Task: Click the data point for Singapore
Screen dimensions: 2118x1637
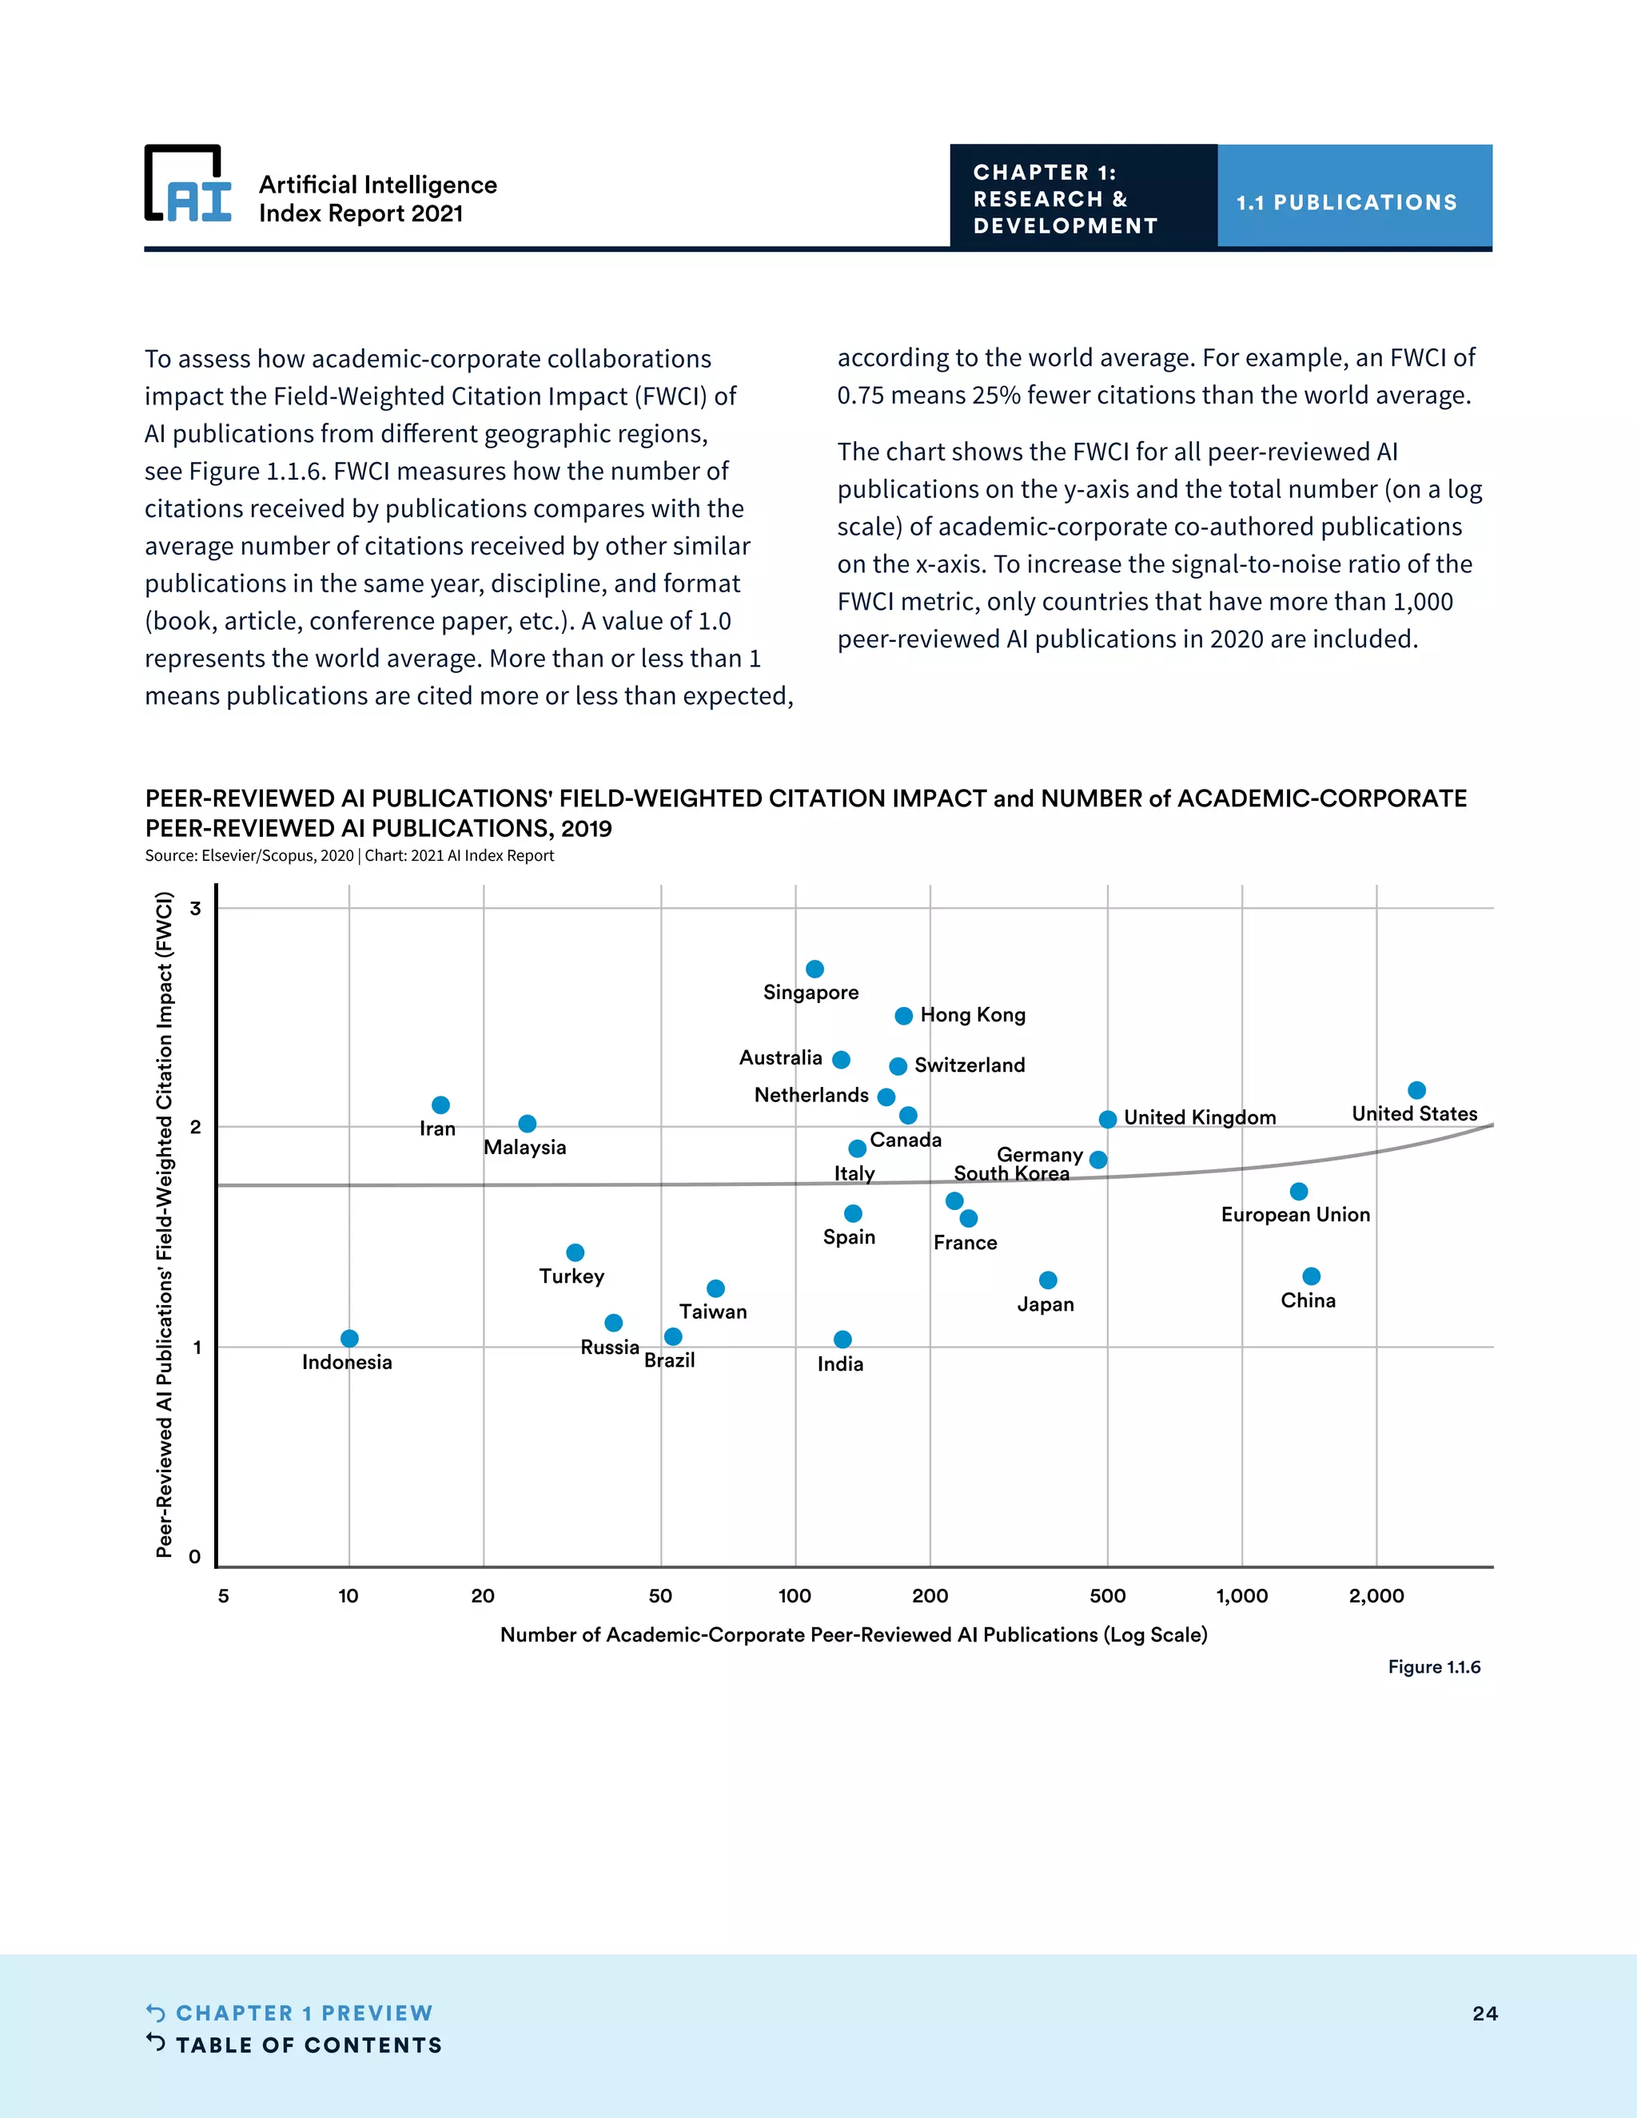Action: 815,969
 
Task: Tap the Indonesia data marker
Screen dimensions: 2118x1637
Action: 349,1338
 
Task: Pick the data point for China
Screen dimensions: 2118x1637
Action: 1311,1276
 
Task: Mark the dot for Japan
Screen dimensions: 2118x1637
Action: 1047,1280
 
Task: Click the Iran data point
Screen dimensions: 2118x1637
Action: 440,1105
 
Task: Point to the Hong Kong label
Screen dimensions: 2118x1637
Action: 973,1015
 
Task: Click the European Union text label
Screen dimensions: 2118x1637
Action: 1295,1215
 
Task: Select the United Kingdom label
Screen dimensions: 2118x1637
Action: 1200,1118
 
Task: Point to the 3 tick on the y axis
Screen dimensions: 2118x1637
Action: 196,909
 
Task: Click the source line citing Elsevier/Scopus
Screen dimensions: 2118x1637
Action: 349,855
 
